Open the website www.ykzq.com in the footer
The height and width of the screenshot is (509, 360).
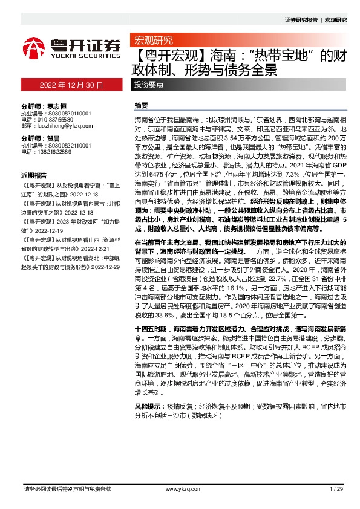(x=179, y=488)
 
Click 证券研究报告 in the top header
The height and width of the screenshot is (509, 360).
(x=301, y=19)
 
